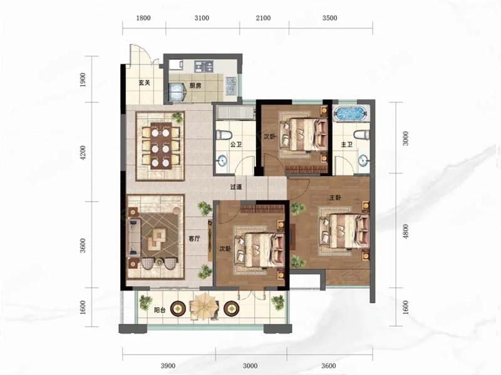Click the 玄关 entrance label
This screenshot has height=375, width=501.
point(145,83)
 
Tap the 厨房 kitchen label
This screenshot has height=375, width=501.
point(195,85)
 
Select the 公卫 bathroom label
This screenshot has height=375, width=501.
point(236,145)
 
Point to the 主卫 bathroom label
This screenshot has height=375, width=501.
point(347,145)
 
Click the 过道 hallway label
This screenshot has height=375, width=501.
point(236,187)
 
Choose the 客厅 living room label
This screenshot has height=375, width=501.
point(194,239)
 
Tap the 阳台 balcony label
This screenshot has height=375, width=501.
point(160,309)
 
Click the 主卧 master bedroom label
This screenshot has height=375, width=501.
point(335,198)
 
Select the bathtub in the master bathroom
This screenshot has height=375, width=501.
point(349,114)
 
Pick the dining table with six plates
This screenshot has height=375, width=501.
point(161,145)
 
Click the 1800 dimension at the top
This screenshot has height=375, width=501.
point(143,18)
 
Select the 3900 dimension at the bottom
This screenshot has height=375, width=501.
point(168,366)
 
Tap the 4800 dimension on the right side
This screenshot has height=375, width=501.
point(405,232)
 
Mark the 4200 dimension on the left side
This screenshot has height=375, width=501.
point(83,152)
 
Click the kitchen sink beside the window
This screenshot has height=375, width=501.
point(230,86)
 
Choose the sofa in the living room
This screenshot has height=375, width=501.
point(134,237)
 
